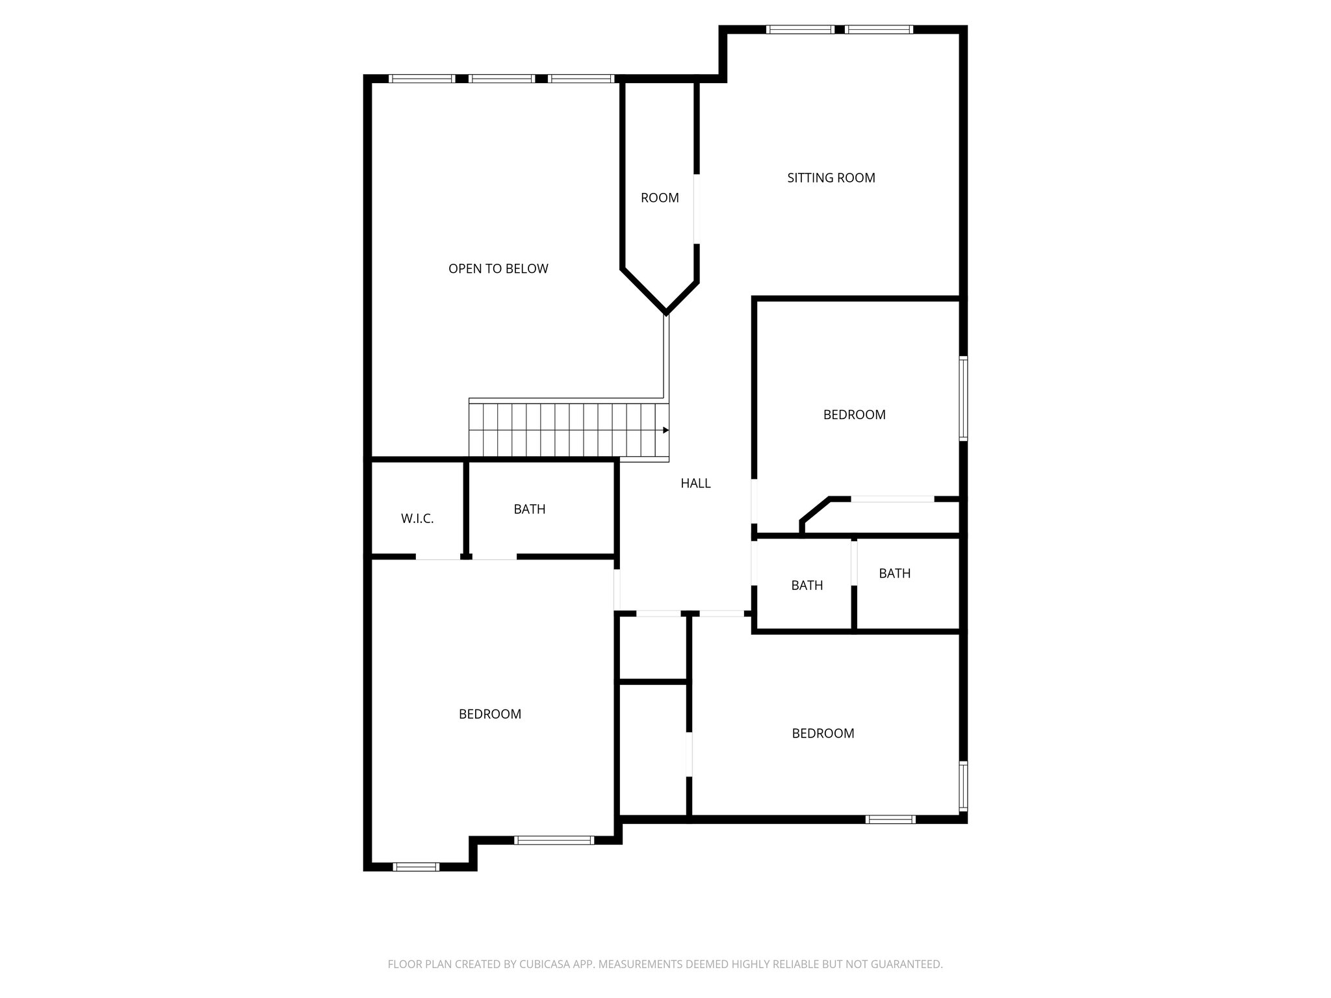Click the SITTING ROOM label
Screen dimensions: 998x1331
pos(831,177)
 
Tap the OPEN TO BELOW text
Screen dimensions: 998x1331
pos(498,268)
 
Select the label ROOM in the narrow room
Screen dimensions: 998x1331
pos(660,198)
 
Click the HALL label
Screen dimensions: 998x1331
pos(695,483)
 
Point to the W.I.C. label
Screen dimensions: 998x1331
pos(417,518)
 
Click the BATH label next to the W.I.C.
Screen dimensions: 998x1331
pos(529,509)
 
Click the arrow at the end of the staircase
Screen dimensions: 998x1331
pos(665,430)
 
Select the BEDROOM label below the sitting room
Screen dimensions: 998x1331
pos(854,415)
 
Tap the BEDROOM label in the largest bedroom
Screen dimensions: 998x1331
pos(489,714)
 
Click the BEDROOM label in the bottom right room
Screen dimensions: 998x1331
pos(823,733)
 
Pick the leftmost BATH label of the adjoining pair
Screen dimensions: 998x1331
pos(807,585)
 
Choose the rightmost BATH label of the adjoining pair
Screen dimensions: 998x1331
pos(894,573)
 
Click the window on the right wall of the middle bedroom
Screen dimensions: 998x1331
pos(963,398)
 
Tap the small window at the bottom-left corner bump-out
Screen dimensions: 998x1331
pos(417,866)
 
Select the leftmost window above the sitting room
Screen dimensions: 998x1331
pos(800,29)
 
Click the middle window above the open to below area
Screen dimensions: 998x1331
pos(502,79)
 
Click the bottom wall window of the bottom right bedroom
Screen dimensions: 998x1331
pos(890,819)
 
